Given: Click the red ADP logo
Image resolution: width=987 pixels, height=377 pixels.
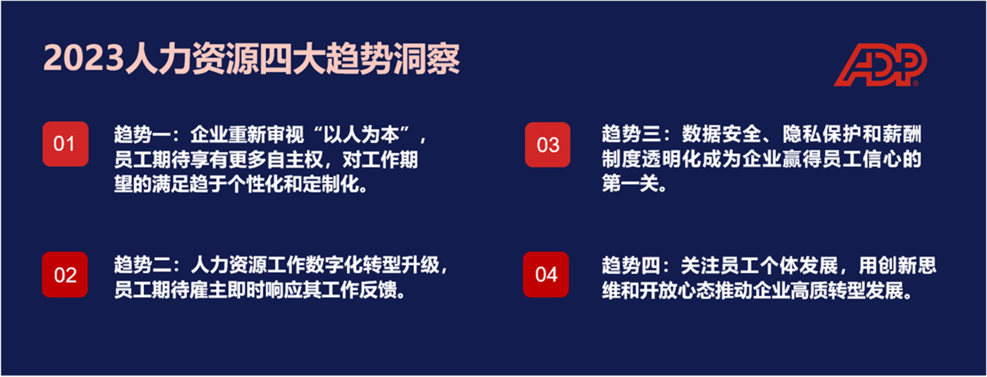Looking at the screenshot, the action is point(881,65).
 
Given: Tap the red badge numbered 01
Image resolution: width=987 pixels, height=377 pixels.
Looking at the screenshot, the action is point(65,144).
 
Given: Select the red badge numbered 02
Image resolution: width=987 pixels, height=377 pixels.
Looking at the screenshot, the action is point(65,275).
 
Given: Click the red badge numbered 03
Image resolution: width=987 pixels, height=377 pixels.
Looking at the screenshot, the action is point(548,145).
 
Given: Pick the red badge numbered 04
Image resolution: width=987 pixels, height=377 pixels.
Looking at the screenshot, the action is point(546,275).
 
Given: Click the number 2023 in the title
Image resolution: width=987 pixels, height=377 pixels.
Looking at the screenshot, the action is point(83,59).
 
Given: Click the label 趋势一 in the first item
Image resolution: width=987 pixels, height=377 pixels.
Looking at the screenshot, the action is point(142,134).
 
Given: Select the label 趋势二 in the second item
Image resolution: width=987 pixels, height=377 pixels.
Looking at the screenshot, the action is point(142,265).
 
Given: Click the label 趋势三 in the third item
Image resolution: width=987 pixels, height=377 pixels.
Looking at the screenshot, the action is point(631,134).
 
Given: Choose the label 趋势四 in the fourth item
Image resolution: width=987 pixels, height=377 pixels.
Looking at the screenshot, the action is point(631,265).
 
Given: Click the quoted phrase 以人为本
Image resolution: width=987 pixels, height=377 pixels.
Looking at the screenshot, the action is point(361,134).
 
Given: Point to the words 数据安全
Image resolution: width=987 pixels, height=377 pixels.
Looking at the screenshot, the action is point(721,134).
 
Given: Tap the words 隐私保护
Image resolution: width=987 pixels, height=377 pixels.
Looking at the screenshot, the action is point(822,134).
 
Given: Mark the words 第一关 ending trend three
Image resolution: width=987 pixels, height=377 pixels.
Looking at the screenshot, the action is point(630,184).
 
